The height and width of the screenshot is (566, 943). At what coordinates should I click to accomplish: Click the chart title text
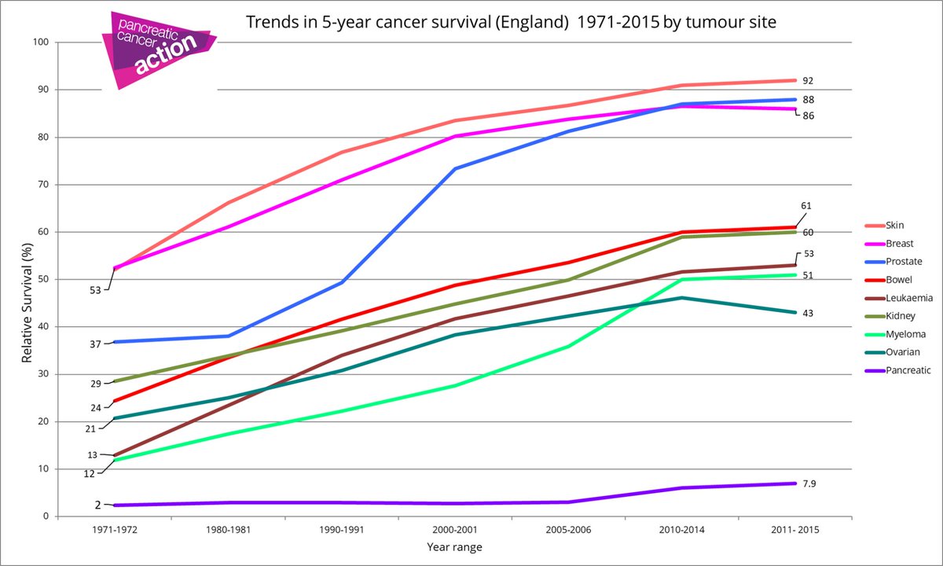(x=512, y=22)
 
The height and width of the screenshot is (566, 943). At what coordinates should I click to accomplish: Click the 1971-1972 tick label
(x=115, y=531)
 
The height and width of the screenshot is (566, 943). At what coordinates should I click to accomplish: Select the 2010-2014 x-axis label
(x=681, y=531)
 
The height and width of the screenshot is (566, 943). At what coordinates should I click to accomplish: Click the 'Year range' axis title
(x=455, y=546)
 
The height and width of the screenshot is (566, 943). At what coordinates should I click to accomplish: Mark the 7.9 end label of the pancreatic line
(x=809, y=483)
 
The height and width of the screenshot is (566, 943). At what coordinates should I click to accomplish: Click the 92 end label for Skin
(x=808, y=80)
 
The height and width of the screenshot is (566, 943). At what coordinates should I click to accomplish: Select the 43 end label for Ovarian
(x=808, y=313)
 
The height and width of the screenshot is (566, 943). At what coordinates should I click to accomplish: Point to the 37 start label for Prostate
(x=94, y=343)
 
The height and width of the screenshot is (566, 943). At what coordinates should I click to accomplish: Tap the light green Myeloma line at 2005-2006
(x=568, y=346)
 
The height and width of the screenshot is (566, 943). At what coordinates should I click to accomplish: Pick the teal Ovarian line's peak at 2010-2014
(x=681, y=298)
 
